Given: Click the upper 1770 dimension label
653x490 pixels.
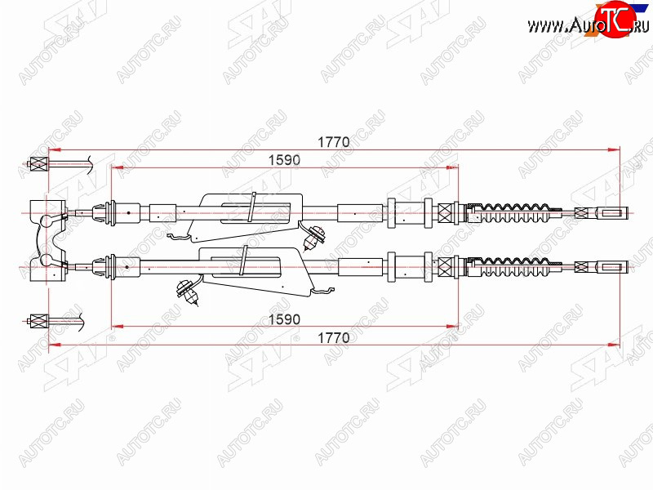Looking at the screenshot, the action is [334, 142].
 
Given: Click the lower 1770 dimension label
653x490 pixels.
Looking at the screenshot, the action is [334, 337].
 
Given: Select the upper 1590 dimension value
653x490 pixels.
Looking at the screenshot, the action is [284, 160].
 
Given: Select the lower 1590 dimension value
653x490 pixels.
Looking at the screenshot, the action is [284, 319].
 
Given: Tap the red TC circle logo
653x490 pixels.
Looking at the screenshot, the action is [615, 18].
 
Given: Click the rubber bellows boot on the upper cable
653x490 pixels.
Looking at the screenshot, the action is [515, 213].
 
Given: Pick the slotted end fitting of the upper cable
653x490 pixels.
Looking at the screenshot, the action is [611, 213].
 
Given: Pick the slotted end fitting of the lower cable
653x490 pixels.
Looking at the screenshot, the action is [611, 267].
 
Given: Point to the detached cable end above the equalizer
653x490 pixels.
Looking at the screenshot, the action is [59, 164].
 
